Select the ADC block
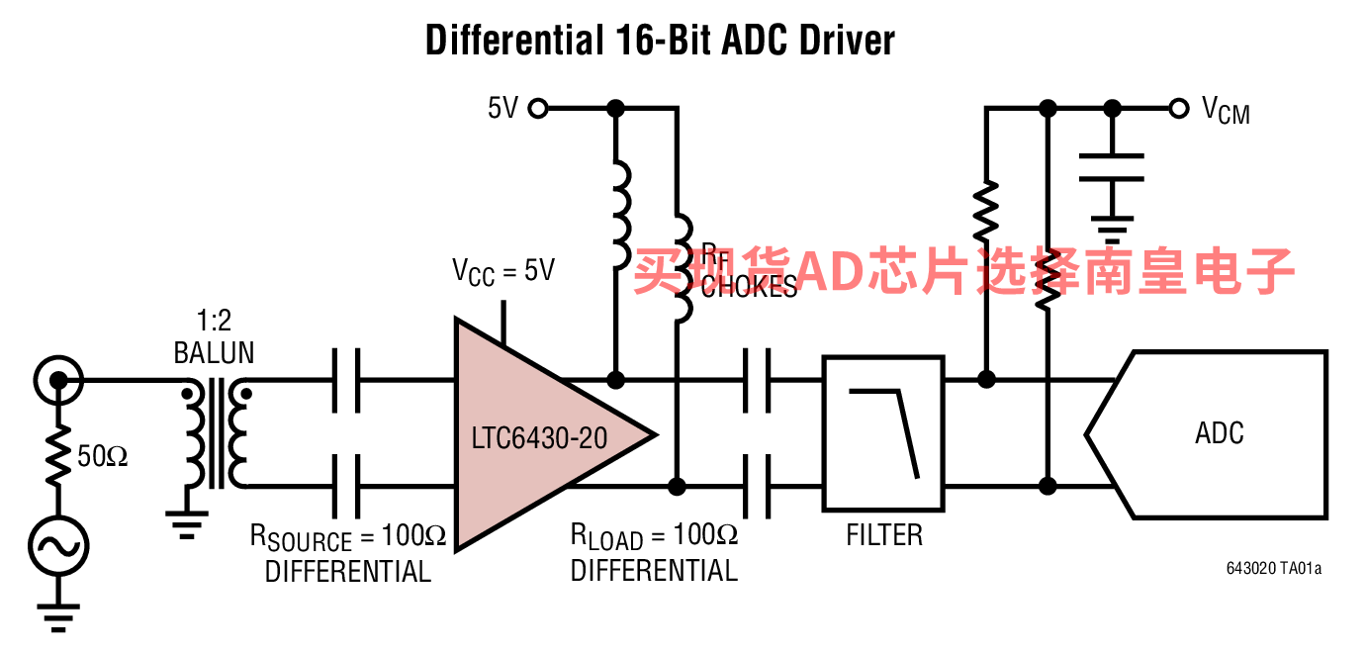pos(1219,433)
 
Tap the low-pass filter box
pos(884,433)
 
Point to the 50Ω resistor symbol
pos(57,455)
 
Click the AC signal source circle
pos(57,544)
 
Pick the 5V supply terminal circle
pos(537,108)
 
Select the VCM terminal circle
pos(1178,108)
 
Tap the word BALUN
pos(214,353)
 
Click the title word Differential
pos(510,41)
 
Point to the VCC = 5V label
pos(503,269)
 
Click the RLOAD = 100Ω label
pos(654,536)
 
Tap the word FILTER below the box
pos(884,535)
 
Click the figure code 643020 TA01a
pos(1274,568)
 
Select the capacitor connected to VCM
pos(1112,168)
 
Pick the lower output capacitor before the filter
pos(757,487)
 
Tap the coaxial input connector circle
pos(57,379)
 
